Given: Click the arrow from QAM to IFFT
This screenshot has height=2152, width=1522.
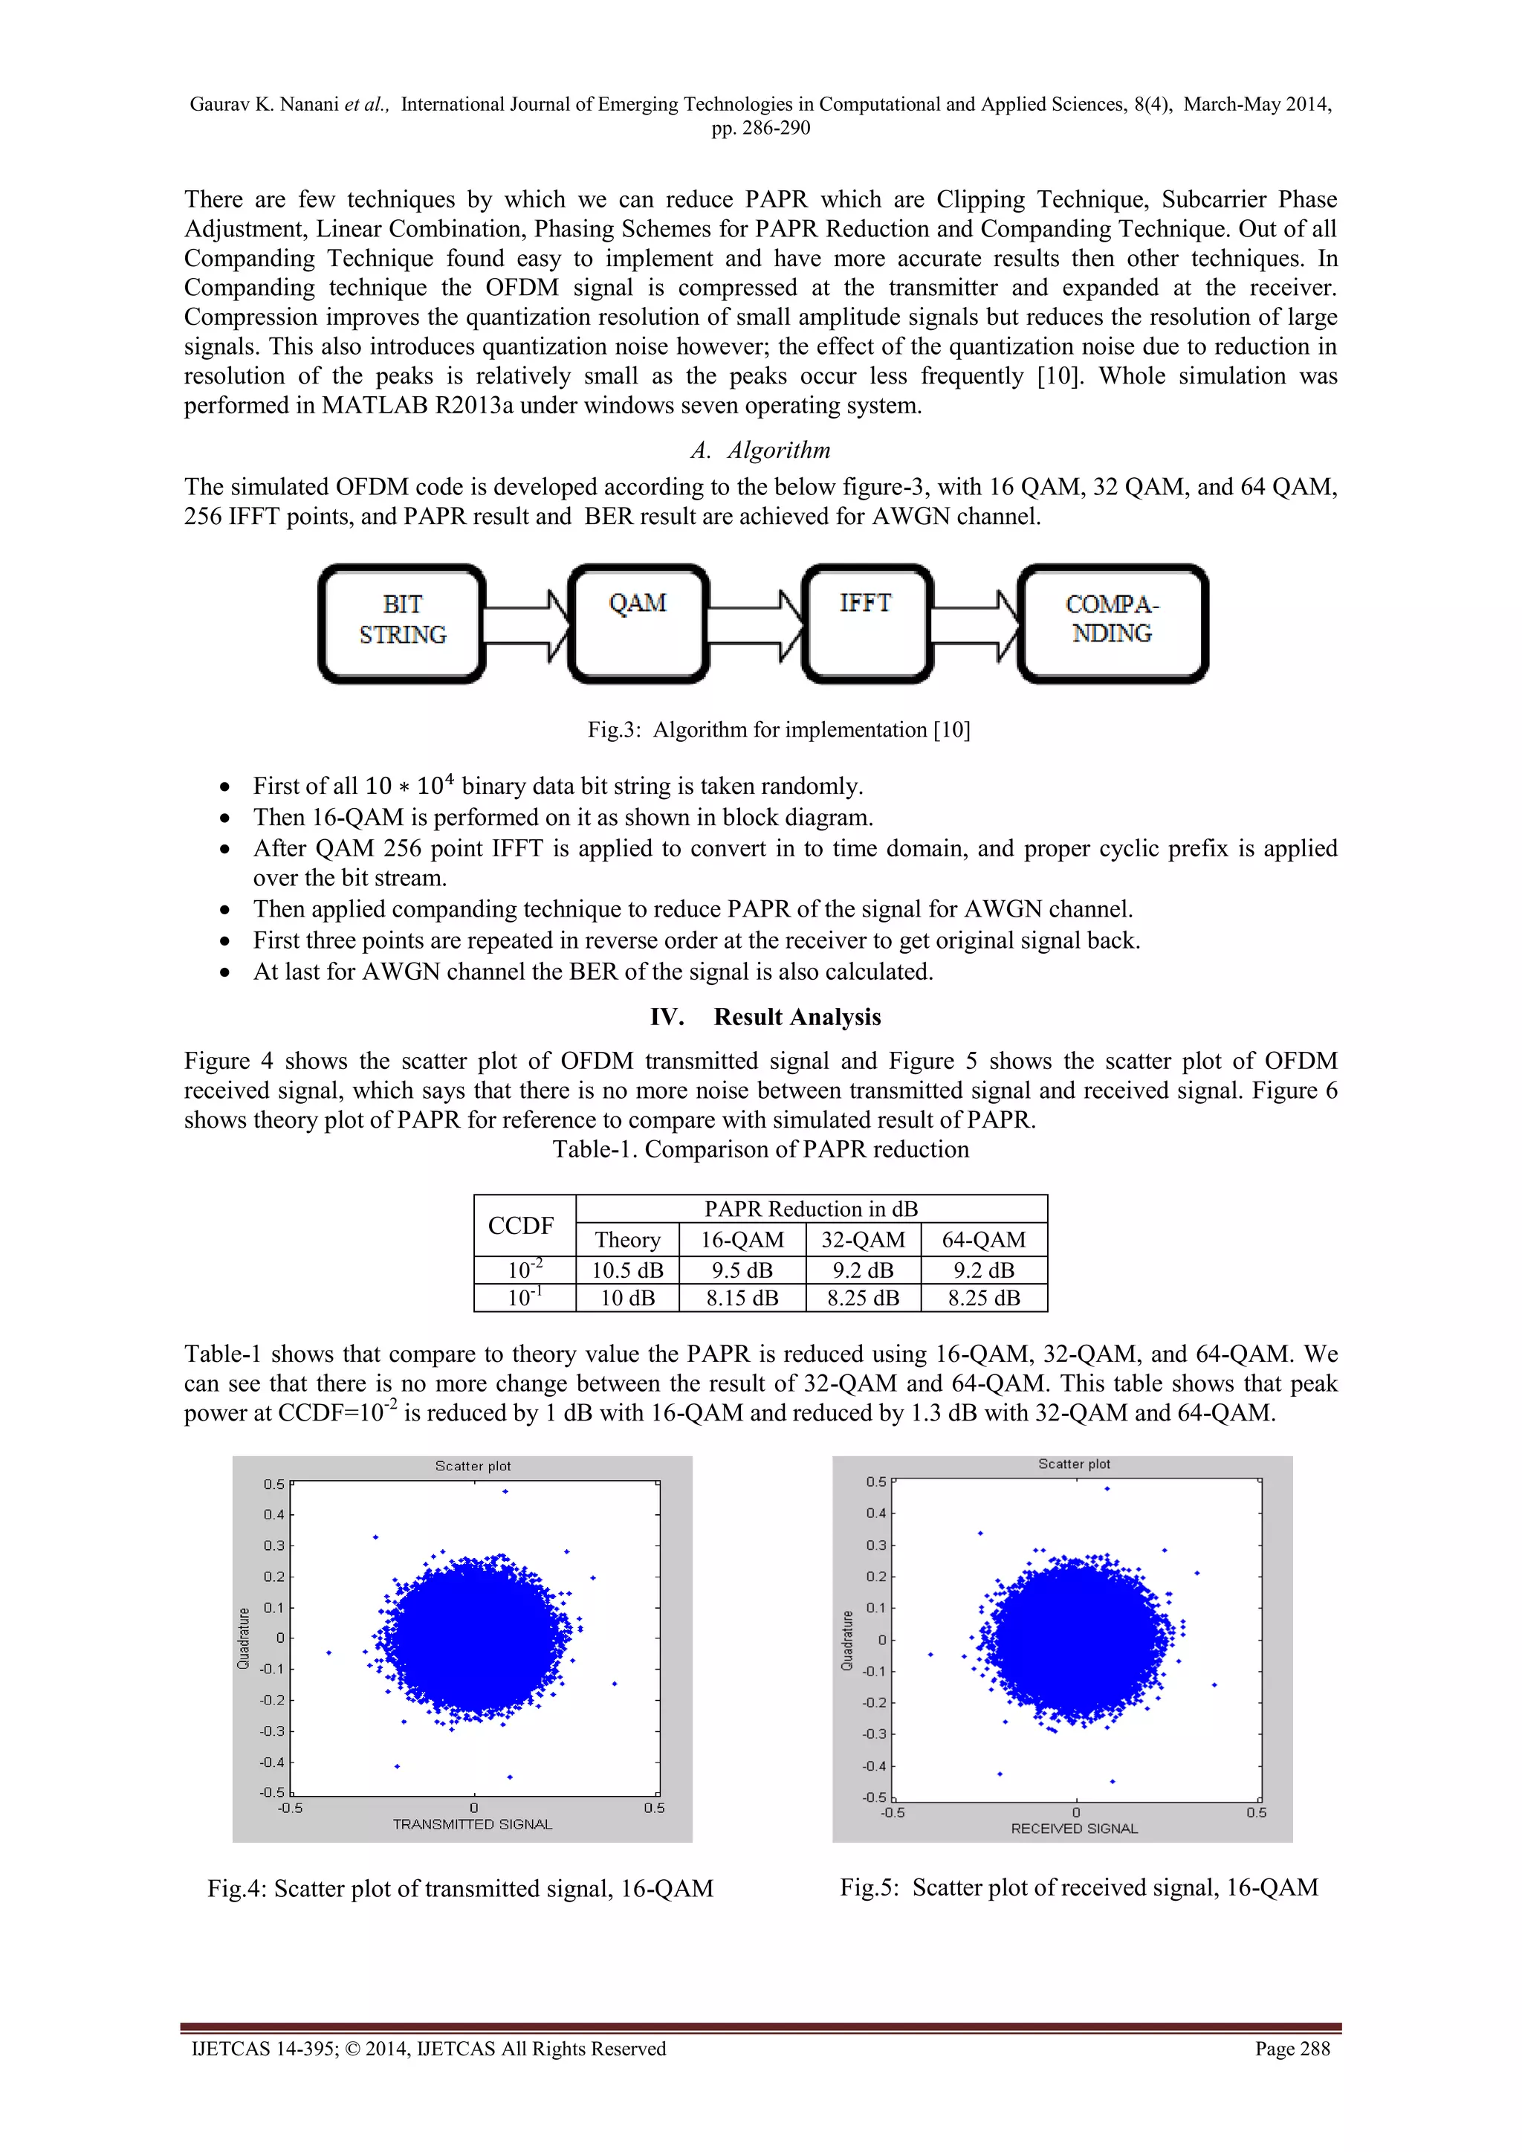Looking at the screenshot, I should click(755, 623).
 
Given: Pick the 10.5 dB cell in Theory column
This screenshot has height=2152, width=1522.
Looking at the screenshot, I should click(627, 1270).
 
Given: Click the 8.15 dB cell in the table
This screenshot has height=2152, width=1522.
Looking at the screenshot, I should click(742, 1298).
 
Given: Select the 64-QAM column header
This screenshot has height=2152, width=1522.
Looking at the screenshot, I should click(983, 1239).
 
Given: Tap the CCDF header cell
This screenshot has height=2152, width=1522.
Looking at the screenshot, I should click(521, 1225).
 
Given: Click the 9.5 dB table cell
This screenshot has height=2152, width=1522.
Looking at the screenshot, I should click(742, 1270).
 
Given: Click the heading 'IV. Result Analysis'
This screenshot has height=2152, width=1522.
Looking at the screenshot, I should click(765, 1017).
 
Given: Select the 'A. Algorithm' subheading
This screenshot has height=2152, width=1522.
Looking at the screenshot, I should click(760, 450).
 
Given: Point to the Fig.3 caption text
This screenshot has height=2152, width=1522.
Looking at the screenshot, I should click(778, 729).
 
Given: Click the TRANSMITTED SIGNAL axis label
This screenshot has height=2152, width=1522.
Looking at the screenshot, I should click(473, 1824).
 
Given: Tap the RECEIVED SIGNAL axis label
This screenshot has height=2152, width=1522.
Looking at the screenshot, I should click(1074, 1828).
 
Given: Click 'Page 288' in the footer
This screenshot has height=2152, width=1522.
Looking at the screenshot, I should click(1292, 2049).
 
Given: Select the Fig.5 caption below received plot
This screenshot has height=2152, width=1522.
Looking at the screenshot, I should click(1079, 1887).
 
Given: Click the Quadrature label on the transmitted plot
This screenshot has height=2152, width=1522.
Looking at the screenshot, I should click(245, 1638).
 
